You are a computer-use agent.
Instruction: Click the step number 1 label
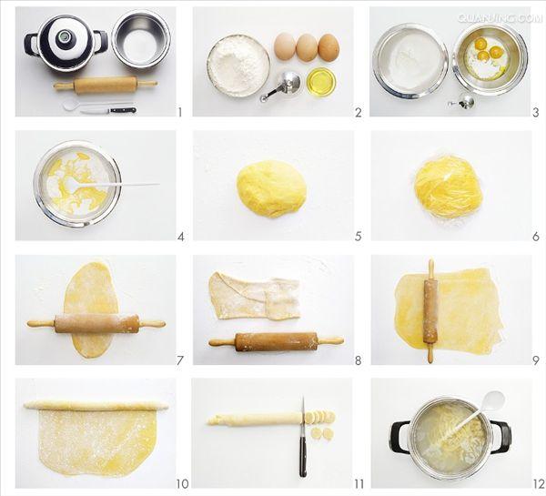(179, 112)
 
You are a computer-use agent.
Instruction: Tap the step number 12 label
(539, 484)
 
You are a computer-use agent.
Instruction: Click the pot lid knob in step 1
(65, 35)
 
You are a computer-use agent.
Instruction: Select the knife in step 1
(108, 110)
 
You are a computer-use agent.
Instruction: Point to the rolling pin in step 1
(106, 85)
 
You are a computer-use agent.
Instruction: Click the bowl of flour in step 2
(238, 66)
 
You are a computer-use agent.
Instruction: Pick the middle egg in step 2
(307, 47)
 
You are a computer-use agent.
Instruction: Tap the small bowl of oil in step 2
(322, 82)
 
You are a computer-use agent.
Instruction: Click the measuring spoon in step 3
(462, 102)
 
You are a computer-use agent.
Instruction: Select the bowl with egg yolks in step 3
(490, 58)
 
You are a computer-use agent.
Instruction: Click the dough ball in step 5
(271, 189)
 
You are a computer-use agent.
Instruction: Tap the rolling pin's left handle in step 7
(41, 324)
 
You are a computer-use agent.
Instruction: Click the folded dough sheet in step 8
(254, 296)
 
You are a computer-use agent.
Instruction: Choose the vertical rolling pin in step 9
(430, 310)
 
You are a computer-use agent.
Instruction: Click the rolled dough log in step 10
(96, 406)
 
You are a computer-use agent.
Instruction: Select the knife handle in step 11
(303, 457)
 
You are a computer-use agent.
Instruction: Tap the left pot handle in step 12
(399, 437)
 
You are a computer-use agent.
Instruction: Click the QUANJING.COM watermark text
(500, 18)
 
